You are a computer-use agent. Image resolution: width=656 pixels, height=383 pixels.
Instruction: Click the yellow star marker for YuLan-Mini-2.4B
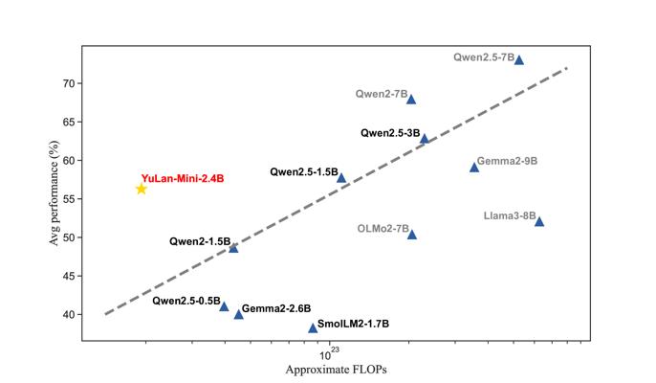click(x=142, y=189)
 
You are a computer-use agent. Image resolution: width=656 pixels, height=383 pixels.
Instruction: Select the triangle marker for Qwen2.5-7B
click(x=518, y=60)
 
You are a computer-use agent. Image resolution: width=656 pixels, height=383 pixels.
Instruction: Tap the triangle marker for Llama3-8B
click(x=539, y=222)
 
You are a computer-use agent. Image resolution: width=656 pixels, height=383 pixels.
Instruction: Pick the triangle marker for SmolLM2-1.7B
click(x=313, y=328)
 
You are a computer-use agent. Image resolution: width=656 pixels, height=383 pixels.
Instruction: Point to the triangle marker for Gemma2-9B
click(x=474, y=168)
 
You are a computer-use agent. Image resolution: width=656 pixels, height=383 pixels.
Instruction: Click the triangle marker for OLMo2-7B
click(x=412, y=235)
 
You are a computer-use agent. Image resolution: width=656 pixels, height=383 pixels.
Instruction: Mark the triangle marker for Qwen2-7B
click(x=411, y=100)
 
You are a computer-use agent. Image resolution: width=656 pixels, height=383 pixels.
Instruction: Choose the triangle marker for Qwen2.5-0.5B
click(x=224, y=306)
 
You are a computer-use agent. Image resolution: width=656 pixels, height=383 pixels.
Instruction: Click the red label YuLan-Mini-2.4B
click(x=183, y=178)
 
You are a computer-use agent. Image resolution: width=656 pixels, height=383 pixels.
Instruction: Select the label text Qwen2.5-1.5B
click(x=304, y=171)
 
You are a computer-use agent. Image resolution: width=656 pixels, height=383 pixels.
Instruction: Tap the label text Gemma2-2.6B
click(x=276, y=308)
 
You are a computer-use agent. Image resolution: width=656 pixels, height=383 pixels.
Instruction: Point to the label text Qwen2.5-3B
click(x=390, y=133)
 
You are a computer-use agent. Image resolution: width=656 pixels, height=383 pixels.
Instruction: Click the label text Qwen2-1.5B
click(x=200, y=241)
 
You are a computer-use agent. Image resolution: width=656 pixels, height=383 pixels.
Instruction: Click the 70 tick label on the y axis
click(x=69, y=84)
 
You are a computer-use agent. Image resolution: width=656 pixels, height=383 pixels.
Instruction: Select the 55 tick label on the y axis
click(x=69, y=199)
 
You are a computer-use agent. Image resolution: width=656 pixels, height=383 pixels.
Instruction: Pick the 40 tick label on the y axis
click(x=69, y=315)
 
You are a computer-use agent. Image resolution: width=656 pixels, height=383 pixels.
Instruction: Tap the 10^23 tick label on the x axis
click(x=330, y=354)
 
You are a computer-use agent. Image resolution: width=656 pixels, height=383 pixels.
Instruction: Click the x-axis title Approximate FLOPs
click(x=336, y=370)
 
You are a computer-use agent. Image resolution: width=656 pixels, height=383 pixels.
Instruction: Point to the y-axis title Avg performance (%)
click(x=54, y=192)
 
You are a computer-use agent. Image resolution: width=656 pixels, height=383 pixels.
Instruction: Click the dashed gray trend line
click(x=336, y=191)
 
